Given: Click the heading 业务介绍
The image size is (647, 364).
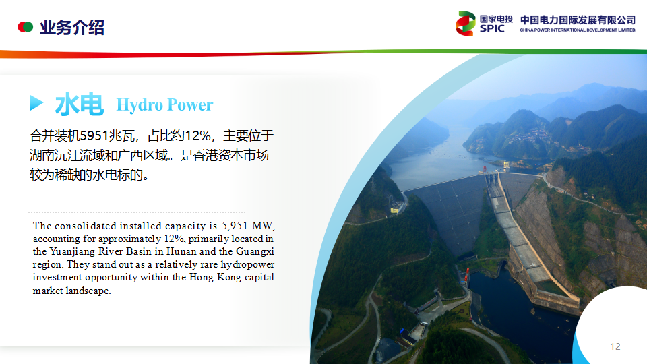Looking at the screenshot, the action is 72,28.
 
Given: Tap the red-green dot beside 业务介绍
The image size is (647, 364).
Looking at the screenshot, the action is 25,27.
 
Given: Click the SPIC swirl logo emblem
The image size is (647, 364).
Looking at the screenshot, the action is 466,24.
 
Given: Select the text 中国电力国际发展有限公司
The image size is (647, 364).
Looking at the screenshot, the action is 578,20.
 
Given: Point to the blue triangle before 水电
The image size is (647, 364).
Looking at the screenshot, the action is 36,102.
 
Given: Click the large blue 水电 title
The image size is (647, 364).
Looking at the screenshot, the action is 80,104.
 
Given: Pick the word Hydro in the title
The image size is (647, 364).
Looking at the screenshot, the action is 140,105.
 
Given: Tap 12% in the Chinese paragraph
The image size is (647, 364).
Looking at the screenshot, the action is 198,135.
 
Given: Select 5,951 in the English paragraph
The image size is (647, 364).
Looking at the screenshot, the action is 235,226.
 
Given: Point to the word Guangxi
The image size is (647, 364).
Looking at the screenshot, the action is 255,251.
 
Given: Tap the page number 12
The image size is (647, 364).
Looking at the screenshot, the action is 615,346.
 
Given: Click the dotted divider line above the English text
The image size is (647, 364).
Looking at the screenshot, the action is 137,212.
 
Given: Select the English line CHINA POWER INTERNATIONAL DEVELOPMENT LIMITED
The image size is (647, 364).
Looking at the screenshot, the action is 578,30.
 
